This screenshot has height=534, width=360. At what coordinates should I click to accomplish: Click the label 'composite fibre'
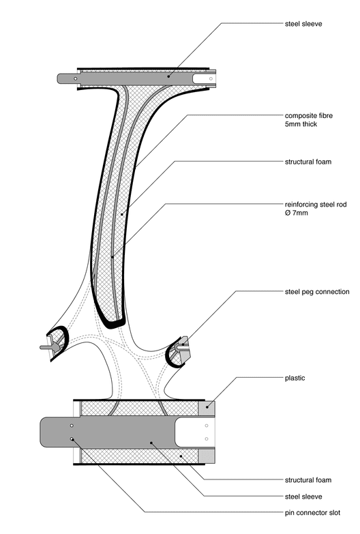(309, 115)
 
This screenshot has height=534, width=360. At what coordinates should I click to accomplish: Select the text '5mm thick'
(301, 124)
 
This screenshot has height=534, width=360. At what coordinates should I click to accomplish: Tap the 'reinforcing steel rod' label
(316, 205)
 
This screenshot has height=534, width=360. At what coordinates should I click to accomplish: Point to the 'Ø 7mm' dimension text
(297, 213)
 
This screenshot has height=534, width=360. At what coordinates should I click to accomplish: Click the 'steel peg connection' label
(317, 291)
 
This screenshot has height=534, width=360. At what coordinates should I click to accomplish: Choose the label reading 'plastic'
(295, 378)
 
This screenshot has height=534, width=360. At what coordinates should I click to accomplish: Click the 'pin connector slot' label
(312, 513)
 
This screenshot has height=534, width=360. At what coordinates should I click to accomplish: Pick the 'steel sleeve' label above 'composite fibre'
(303, 24)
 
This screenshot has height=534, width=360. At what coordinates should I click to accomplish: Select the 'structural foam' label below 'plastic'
(308, 480)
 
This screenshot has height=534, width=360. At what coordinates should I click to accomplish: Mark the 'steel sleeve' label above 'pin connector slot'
(303, 496)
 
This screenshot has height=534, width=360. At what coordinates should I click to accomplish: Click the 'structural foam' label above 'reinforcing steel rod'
(308, 162)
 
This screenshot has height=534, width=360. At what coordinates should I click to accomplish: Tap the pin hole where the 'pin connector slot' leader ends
(72, 439)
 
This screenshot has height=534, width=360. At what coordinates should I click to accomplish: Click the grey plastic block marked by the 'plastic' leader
(207, 408)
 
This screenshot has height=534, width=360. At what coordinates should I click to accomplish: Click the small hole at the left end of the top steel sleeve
(75, 79)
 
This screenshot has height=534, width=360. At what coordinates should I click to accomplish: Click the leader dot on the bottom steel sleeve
(151, 443)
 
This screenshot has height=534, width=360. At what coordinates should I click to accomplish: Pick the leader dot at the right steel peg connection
(183, 344)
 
